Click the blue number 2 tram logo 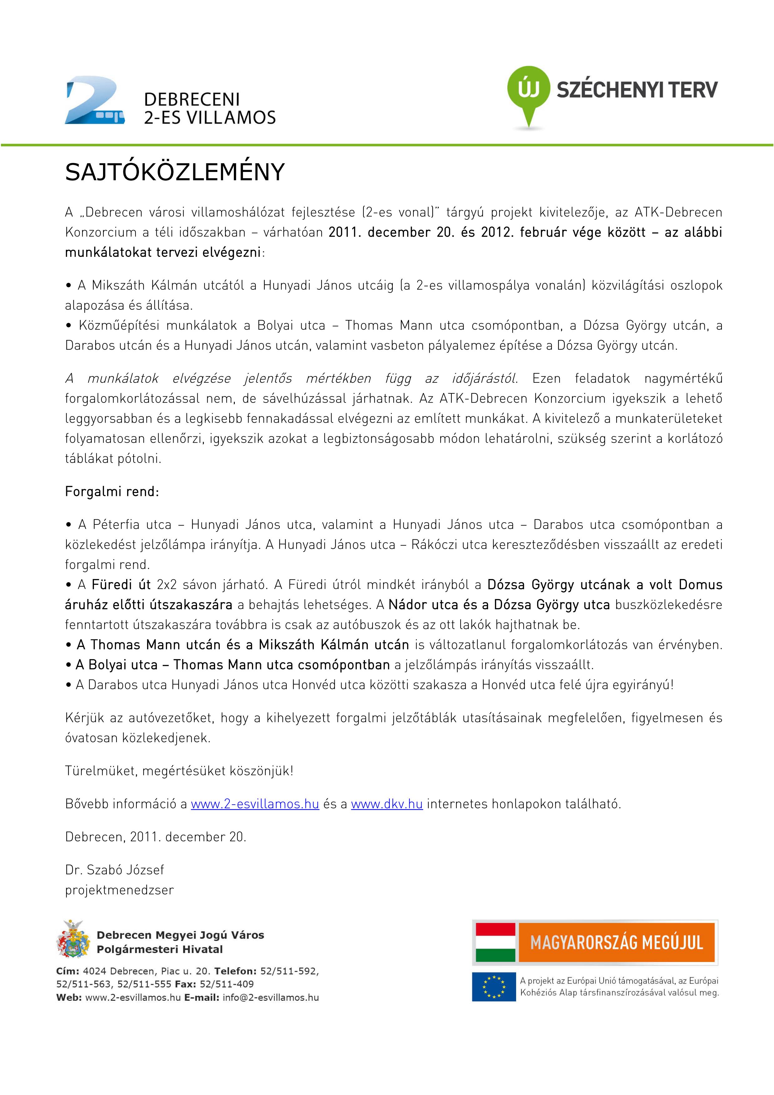point(94,101)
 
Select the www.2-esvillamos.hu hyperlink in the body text point(255,804)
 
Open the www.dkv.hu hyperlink point(387,804)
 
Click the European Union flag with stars point(494,987)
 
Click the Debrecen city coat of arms point(73,940)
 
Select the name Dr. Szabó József point(115,870)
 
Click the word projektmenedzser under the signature point(119,890)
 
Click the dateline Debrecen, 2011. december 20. point(155,837)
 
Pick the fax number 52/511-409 point(227,984)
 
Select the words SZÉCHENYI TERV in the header point(637,90)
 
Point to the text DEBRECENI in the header point(192,100)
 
